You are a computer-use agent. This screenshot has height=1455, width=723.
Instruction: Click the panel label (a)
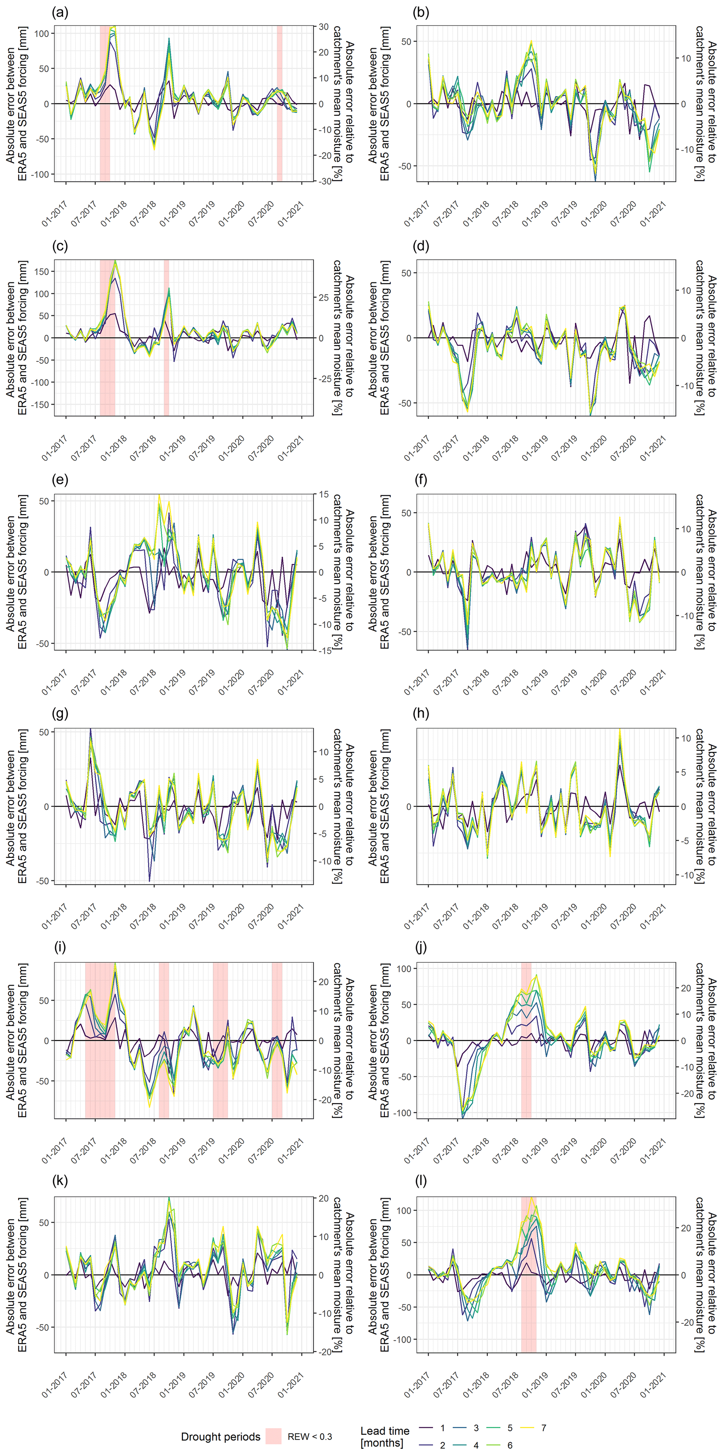click(60, 12)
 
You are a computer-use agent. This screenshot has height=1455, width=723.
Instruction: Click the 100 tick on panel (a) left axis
click(42, 33)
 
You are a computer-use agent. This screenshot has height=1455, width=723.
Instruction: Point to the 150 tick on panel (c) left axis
click(42, 272)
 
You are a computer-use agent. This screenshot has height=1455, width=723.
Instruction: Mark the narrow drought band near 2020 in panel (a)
click(279, 103)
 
